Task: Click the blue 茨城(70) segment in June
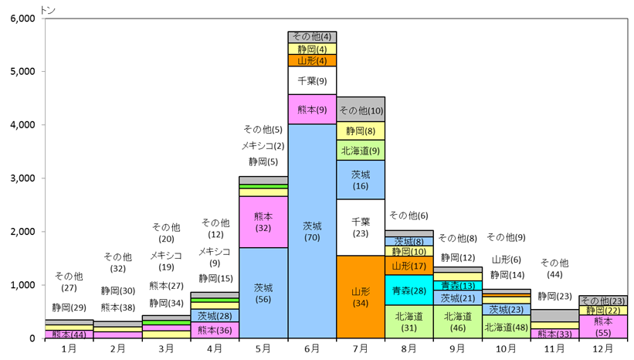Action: (312, 231)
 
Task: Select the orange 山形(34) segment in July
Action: (361, 297)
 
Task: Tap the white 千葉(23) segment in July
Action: (361, 227)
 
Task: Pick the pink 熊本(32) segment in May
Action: (263, 222)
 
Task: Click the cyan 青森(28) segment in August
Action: (409, 290)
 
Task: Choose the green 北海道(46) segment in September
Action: (458, 321)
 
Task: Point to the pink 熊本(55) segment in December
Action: (603, 327)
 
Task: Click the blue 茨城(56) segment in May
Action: (263, 293)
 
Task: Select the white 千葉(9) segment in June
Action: (312, 80)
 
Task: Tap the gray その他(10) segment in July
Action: (361, 109)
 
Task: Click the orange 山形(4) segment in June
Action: (312, 61)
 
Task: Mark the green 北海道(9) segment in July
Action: (361, 151)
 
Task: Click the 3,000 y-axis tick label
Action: (22, 178)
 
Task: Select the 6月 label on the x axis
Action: (312, 348)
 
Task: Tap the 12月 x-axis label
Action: (603, 348)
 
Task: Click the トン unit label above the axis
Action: (48, 10)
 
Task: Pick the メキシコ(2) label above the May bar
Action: (263, 145)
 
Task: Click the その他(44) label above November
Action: (554, 269)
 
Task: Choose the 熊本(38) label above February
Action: (118, 307)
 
